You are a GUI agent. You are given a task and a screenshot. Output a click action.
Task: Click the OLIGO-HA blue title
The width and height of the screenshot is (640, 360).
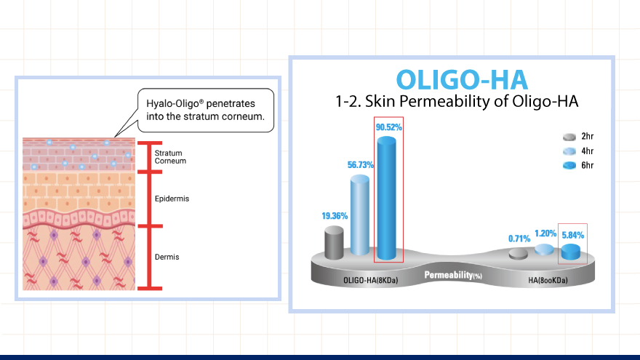pos(462,80)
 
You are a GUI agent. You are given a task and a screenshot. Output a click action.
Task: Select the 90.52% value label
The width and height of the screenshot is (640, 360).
pos(389,127)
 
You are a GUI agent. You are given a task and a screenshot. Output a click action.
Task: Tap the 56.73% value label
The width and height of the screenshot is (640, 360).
pos(361,165)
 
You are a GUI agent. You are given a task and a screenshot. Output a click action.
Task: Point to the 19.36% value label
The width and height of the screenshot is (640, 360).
pos(335,216)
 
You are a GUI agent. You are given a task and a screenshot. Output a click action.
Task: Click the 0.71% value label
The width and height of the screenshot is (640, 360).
pos(519,239)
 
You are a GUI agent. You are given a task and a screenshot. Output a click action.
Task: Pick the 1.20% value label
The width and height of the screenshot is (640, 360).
pos(545,233)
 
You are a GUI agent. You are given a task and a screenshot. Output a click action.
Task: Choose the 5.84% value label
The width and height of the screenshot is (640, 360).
pos(572,235)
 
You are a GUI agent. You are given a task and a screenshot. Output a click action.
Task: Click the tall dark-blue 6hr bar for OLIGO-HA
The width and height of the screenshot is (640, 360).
pos(386,199)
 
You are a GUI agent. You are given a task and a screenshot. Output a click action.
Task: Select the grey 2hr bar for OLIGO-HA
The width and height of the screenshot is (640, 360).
pos(334,243)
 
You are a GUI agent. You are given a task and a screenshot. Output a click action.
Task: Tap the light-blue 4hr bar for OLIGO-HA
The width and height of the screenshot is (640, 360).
pos(360,215)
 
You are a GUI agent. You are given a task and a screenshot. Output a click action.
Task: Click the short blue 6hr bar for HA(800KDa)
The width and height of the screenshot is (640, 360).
pos(571,252)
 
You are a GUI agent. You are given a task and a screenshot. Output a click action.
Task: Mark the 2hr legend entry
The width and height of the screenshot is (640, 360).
pos(578,137)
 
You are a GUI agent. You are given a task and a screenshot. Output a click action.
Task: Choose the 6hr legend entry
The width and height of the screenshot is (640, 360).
pos(578,165)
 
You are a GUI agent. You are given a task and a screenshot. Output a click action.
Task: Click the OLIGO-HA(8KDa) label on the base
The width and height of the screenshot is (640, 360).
pos(371,281)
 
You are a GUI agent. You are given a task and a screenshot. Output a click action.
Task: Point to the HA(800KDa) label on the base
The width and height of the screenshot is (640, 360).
pos(548,281)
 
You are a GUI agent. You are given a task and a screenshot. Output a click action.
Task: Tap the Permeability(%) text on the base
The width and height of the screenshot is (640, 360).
pos(453,275)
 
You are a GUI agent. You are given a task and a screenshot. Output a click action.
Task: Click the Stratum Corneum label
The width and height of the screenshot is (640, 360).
pos(170,157)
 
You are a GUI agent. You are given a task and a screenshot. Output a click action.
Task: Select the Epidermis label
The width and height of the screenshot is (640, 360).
pos(172,199)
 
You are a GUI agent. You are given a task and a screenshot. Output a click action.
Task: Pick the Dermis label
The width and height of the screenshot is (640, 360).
pos(167,257)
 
